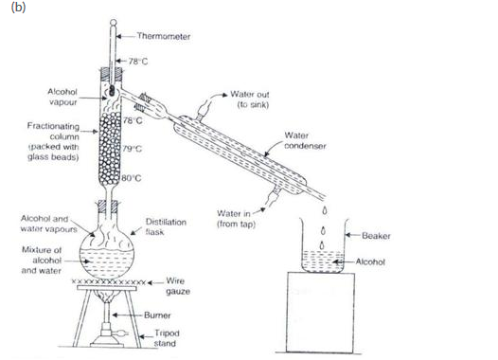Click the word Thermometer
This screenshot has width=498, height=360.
coord(163,37)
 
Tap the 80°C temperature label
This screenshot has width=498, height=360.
coord(132,177)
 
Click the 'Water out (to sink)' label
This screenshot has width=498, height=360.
coord(251,99)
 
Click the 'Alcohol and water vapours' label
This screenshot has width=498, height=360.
coord(48,225)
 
